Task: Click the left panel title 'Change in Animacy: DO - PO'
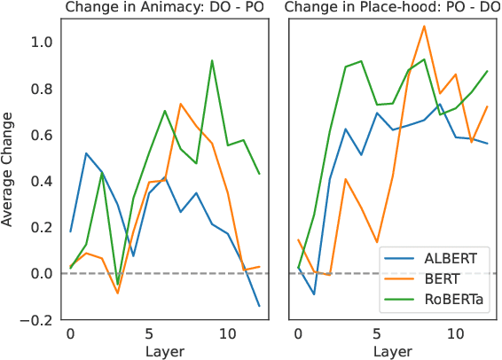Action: click(x=164, y=9)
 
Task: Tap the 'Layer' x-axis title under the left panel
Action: click(x=164, y=351)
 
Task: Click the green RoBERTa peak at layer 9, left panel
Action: click(x=212, y=60)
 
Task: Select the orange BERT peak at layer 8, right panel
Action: click(x=424, y=26)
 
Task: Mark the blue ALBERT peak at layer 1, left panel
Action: click(x=86, y=153)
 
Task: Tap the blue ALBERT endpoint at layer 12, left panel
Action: click(x=259, y=306)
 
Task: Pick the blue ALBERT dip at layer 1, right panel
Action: click(x=314, y=294)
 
